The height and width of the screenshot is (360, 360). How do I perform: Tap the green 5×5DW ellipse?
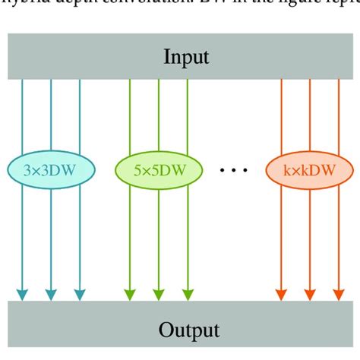pos(158,171)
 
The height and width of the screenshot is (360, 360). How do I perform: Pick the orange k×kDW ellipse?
pos(310,171)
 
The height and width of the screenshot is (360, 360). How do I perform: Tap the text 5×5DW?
pos(158,171)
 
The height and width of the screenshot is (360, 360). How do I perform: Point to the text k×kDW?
pos(310,171)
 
